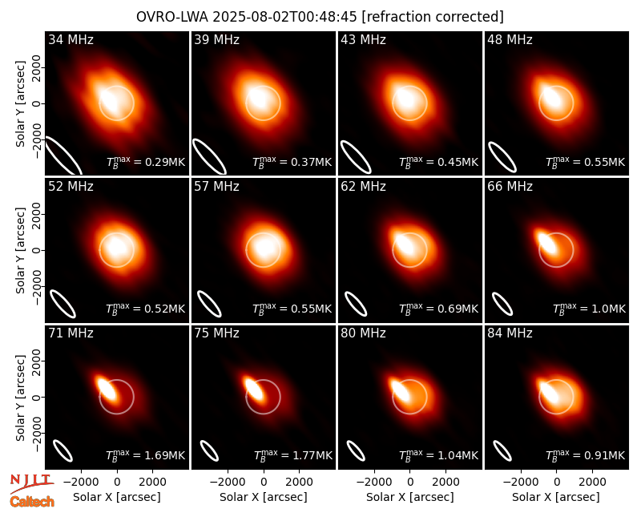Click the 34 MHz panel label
click(x=71, y=39)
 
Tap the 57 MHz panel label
click(x=216, y=187)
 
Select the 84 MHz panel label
click(x=510, y=333)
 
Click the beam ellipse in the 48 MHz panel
click(x=502, y=157)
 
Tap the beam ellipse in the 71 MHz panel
click(x=63, y=450)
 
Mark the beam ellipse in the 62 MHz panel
click(x=356, y=304)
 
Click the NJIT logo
click(x=31, y=483)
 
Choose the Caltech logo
click(x=32, y=502)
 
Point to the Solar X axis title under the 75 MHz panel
click(x=264, y=497)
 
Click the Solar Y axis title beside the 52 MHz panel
click(x=20, y=250)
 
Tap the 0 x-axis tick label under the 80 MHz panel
click(x=410, y=483)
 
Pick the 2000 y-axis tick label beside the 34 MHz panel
click(x=37, y=67)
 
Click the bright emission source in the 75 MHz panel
click(x=253, y=387)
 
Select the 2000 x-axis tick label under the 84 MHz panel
click(x=592, y=483)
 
